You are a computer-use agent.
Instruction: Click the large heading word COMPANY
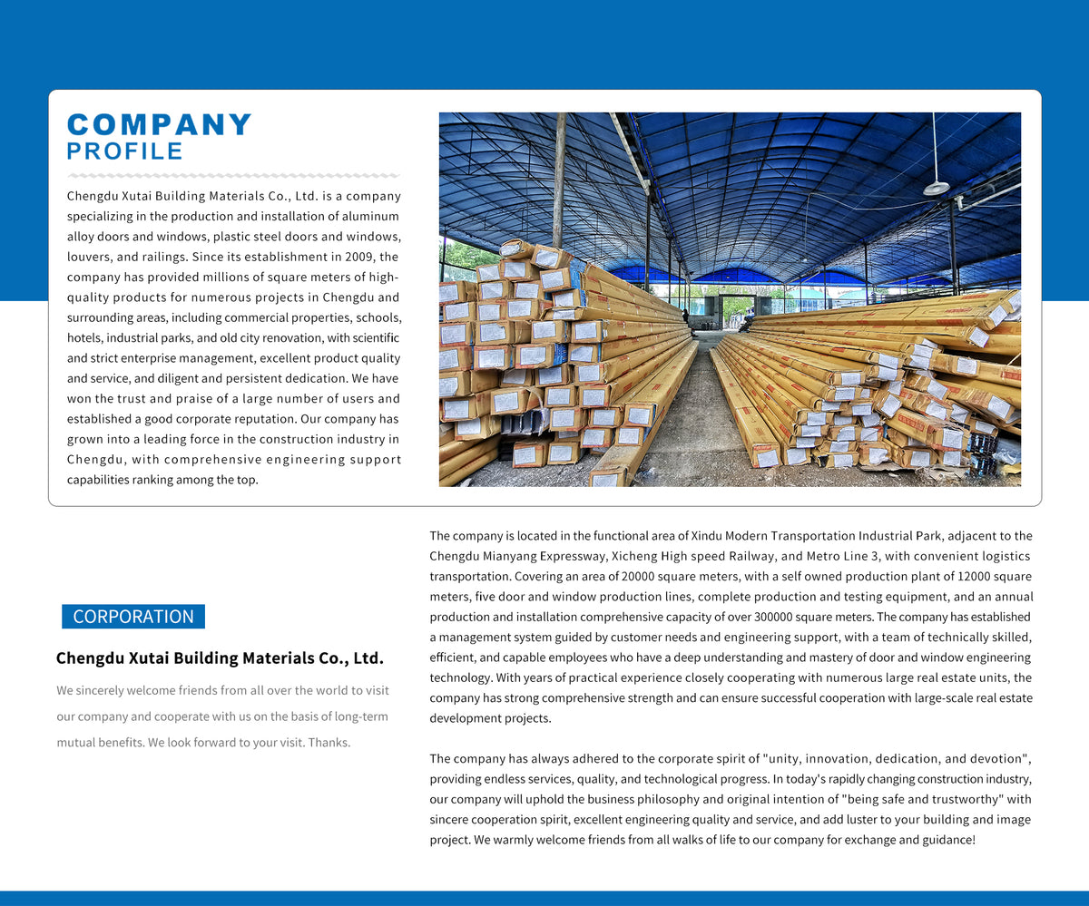pos(160,125)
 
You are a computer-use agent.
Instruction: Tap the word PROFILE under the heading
pos(125,151)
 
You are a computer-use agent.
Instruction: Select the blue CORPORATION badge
pos(133,617)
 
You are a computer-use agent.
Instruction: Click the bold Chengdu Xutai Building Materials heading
pos(220,658)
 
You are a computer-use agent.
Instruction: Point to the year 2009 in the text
pos(348,257)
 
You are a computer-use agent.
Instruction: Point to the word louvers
pos(90,257)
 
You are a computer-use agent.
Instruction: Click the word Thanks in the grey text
pos(329,743)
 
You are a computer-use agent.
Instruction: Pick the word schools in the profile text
pos(379,318)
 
